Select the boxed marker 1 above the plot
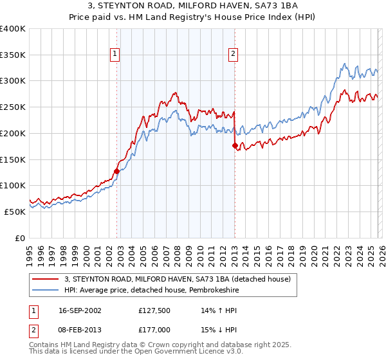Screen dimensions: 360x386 (x=115, y=55)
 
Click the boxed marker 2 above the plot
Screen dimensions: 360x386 (x=232, y=55)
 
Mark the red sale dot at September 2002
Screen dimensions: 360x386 (x=116, y=171)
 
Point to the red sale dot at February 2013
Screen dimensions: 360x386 (x=235, y=145)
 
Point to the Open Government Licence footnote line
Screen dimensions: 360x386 (x=135, y=353)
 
